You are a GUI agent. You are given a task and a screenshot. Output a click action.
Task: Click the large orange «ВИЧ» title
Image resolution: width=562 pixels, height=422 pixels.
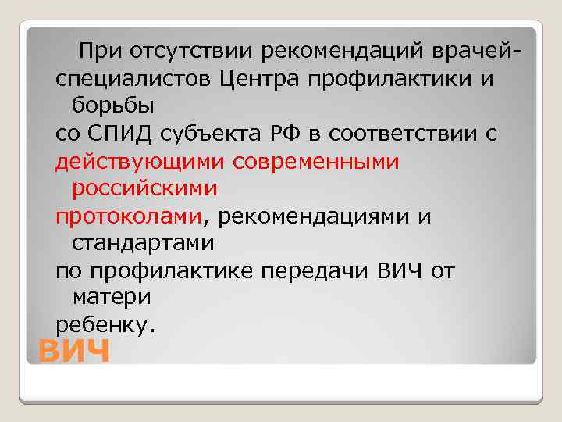point(74,352)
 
